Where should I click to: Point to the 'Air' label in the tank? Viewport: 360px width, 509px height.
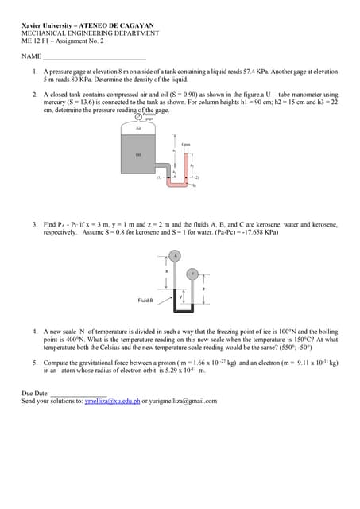coord(138,128)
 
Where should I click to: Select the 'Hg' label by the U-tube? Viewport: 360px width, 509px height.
coord(193,185)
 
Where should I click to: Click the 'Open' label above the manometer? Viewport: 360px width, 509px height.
coord(186,144)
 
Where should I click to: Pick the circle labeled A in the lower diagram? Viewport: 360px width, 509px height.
coord(176,255)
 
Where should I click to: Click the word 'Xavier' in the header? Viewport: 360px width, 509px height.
coord(36,25)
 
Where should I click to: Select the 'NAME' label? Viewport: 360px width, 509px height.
coord(31,57)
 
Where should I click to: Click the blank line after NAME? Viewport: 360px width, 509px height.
coord(94,58)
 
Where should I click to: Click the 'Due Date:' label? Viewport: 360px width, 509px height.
coord(35,393)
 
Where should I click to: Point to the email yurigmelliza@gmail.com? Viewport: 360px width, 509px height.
coord(183,402)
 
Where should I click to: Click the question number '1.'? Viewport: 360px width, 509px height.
coord(35,72)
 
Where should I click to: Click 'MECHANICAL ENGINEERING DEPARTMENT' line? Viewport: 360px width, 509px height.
coord(90,33)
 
